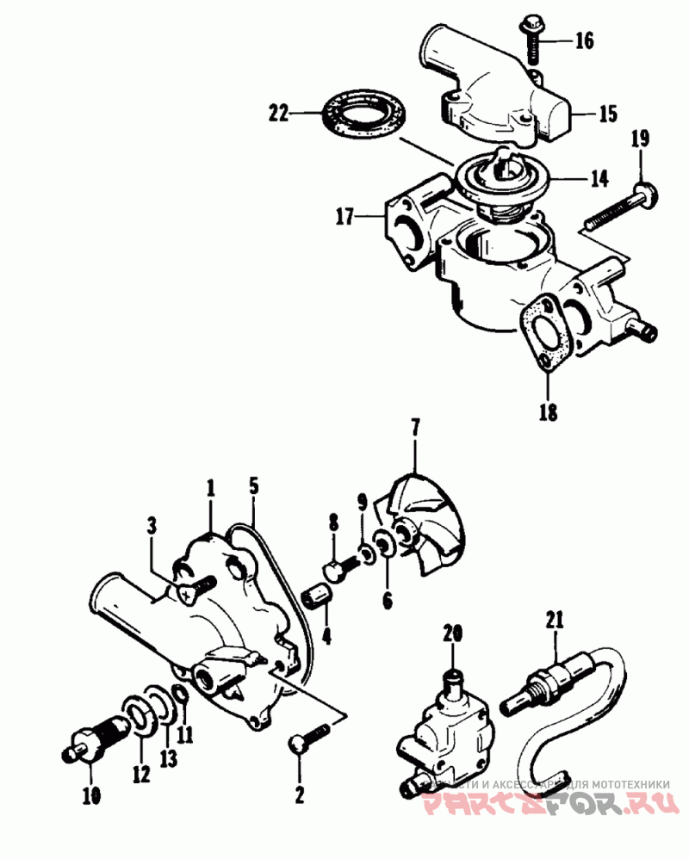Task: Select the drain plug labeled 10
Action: pyautogui.click(x=90, y=743)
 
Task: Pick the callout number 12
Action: pyautogui.click(x=141, y=774)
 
